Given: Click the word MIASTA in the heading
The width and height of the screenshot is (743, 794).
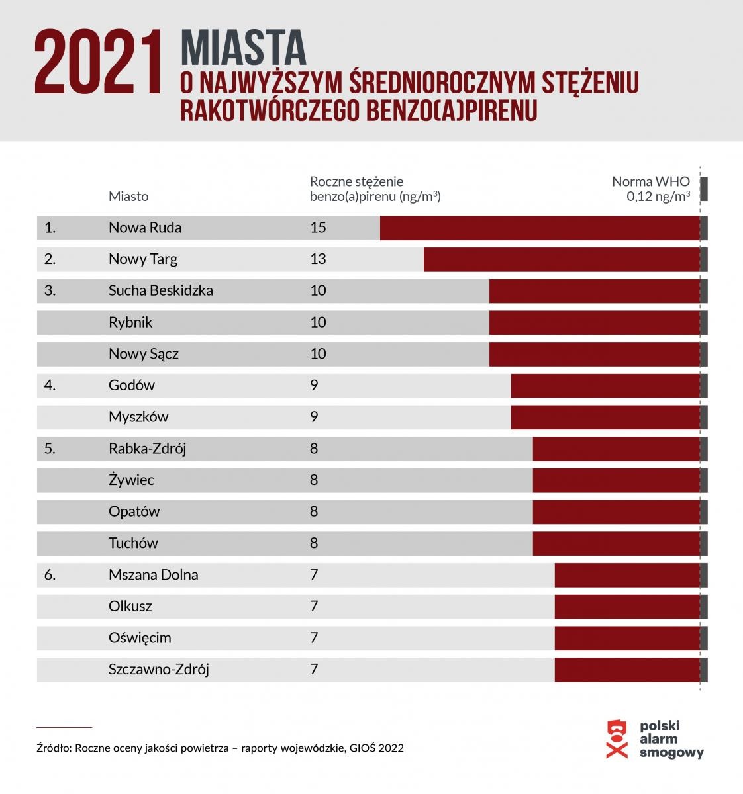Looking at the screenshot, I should coord(243,48).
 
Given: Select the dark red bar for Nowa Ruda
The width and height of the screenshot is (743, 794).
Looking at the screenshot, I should coord(540,228).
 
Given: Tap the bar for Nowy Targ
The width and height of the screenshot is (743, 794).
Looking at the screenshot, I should coord(562,259).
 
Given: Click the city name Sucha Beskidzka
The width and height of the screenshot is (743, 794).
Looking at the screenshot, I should coord(160,290).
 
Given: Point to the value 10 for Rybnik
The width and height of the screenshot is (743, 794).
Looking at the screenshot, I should coord(318,322).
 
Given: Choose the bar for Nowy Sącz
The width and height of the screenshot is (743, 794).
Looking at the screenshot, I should coord(594,354).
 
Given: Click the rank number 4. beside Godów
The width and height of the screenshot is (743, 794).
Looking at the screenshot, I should coord(50,385).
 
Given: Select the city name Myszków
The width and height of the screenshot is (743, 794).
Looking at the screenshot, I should coord(138,417).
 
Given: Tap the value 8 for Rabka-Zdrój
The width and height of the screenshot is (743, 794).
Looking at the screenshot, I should coord(314,449).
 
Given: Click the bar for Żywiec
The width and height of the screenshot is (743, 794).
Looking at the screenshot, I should coord(616,480).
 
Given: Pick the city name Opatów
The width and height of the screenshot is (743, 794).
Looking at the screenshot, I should coord(134,511).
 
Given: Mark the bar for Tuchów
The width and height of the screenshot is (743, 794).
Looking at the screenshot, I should coord(616,543).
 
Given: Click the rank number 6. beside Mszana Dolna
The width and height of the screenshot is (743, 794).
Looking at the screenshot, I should coord(50,575).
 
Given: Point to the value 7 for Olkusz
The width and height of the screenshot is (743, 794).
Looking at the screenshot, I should coord(314,606).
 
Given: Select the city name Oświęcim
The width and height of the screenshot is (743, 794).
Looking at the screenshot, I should coord(140,638).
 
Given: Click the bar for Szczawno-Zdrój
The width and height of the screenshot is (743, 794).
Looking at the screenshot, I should coord(627,670).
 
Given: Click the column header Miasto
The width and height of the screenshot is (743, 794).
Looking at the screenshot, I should coord(128,197).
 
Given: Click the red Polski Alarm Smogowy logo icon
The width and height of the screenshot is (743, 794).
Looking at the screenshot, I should coord(617,738).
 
